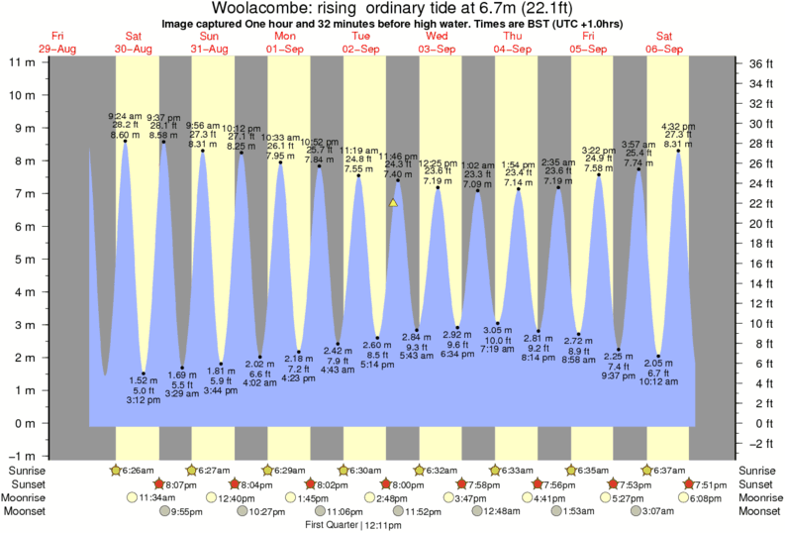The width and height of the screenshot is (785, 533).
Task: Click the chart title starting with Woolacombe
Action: point(392,9)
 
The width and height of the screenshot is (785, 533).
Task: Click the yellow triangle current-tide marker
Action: point(393,202)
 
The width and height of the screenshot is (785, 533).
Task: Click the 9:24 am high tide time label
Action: point(125,117)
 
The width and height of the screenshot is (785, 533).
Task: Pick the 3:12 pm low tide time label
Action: point(144,400)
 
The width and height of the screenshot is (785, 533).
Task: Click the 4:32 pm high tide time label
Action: point(678,127)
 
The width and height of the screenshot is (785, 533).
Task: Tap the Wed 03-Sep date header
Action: point(437,43)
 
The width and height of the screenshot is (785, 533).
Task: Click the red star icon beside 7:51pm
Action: point(689,483)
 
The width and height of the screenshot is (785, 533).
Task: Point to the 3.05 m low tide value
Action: point(498,330)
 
